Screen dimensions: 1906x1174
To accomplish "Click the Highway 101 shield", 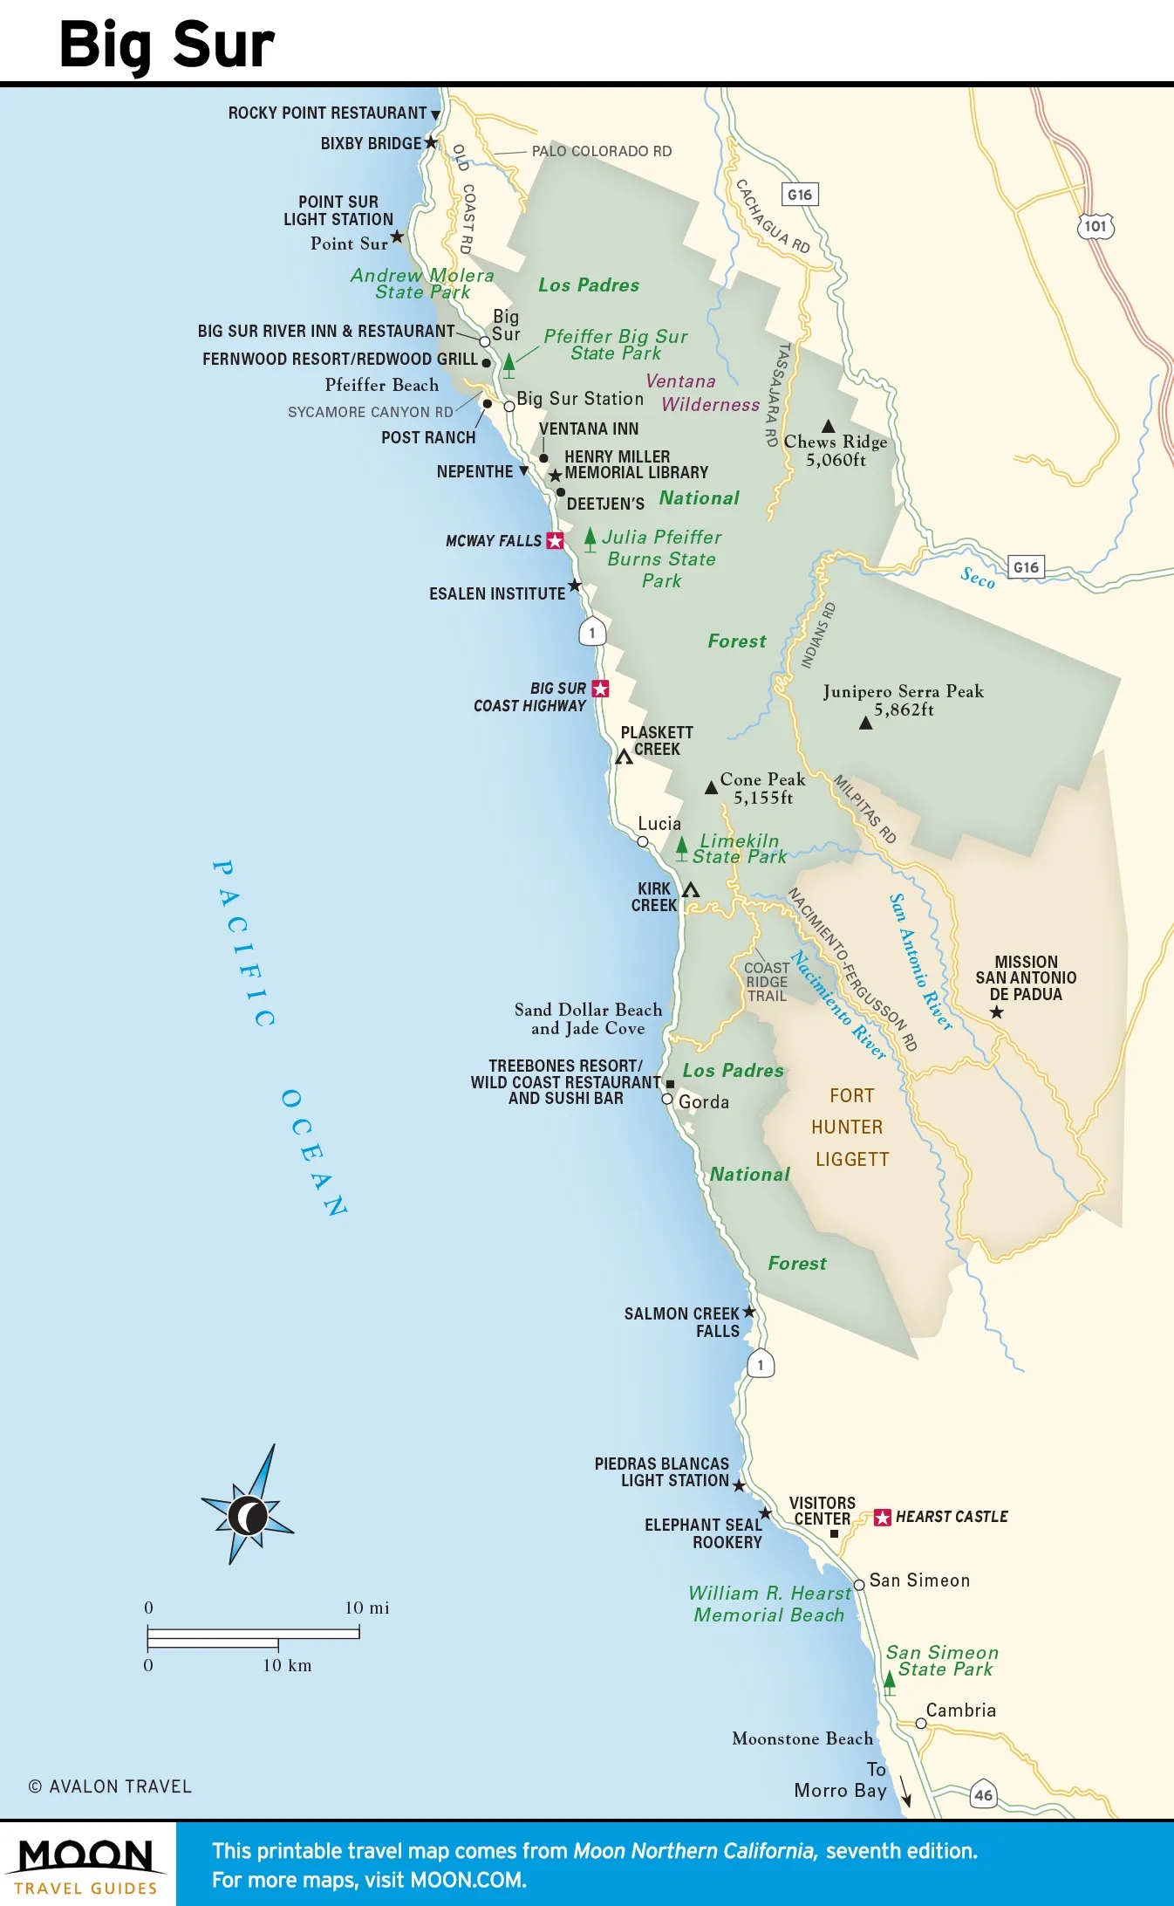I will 1095,226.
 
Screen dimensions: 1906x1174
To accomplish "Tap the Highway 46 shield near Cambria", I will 983,1794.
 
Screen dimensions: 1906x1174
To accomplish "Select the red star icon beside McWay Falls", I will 555,541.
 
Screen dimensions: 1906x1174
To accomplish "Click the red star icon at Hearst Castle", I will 882,1517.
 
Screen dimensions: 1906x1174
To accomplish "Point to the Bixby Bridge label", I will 371,144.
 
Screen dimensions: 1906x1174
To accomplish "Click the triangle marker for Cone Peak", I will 711,787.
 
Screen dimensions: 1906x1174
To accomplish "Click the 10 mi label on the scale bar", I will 366,1608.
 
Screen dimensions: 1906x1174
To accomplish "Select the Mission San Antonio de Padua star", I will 996,1012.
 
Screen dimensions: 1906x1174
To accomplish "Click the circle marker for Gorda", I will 667,1100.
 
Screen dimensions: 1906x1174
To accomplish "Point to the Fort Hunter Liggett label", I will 850,1127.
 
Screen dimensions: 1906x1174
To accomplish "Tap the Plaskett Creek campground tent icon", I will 624,757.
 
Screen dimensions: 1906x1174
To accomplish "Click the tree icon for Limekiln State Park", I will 682,847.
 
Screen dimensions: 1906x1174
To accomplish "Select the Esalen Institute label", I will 497,593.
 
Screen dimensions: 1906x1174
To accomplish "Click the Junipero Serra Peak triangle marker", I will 865,723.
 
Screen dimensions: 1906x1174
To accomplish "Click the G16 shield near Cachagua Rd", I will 800,195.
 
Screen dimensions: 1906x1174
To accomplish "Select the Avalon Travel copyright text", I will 111,1786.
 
